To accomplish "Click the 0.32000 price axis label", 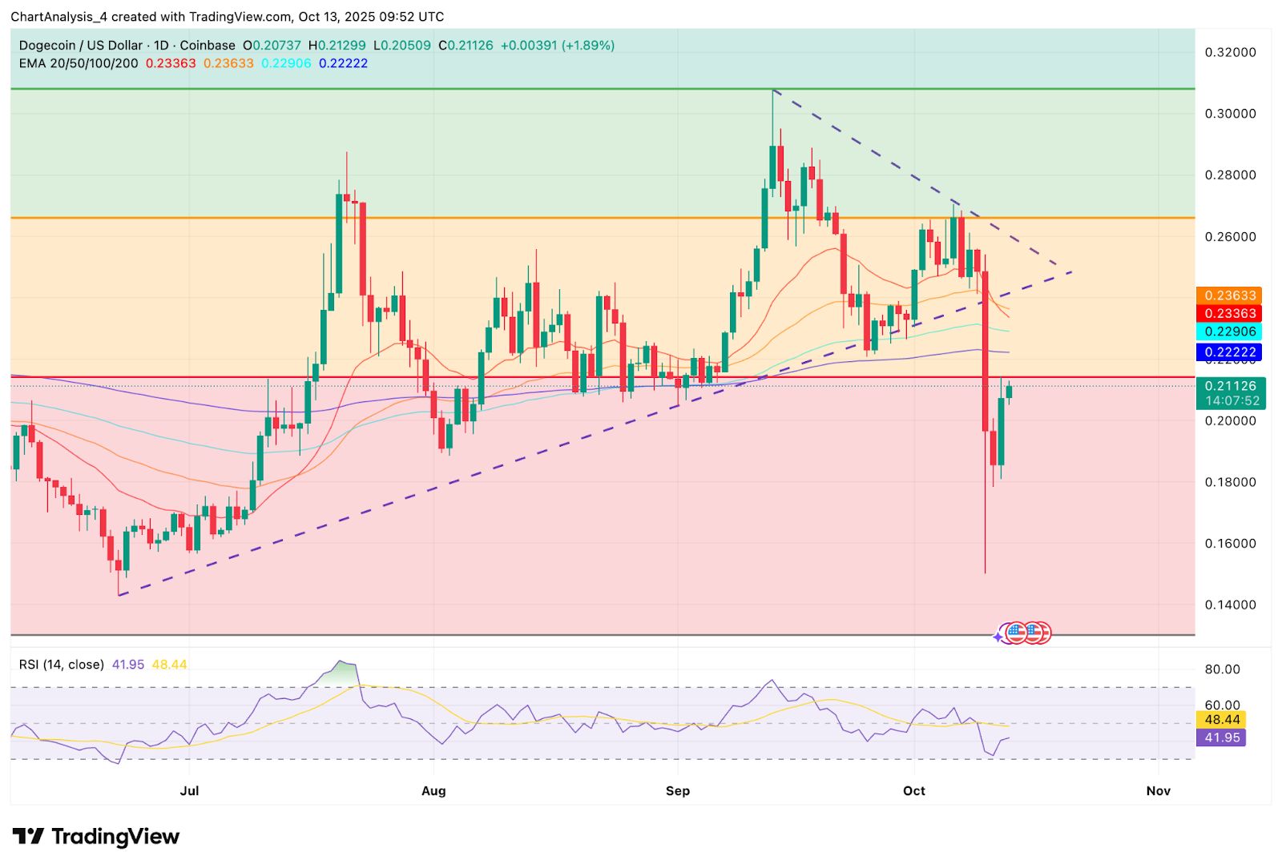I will point(1230,52).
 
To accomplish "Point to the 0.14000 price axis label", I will point(1230,605).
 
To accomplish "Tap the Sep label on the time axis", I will point(677,790).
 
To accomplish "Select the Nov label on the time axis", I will point(1158,790).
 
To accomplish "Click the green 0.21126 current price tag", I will point(1230,386).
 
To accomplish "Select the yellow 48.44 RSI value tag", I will point(1222,719).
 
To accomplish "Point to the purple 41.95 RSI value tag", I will point(1222,737).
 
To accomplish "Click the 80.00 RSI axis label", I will point(1222,669).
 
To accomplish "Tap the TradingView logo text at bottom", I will point(96,837).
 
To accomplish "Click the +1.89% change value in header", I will point(591,46).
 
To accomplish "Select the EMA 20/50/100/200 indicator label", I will point(79,63).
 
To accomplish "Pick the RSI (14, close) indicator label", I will point(62,665).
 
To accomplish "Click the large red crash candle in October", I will point(985,352).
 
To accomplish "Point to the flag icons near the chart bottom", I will point(1026,633).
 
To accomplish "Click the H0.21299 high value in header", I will point(337,46).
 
